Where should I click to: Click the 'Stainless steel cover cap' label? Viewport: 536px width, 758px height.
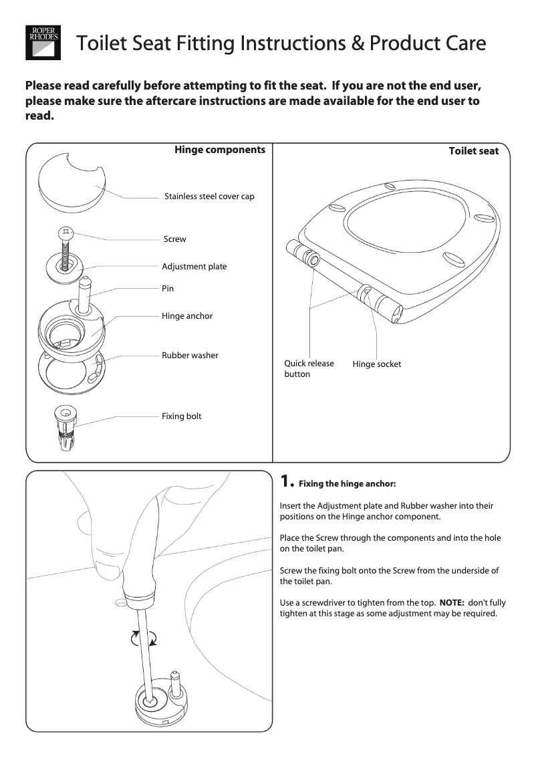point(209,197)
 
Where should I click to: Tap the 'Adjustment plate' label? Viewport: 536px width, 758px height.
point(194,267)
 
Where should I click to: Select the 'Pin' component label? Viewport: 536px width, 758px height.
point(167,289)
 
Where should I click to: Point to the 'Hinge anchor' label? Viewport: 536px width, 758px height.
point(187,316)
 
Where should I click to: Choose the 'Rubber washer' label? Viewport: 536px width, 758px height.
point(190,356)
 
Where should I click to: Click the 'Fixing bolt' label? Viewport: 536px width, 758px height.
point(181,416)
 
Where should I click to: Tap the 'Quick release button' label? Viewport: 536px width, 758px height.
point(309,369)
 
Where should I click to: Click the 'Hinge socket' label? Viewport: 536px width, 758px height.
point(377,364)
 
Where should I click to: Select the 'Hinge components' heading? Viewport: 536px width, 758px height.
point(220,150)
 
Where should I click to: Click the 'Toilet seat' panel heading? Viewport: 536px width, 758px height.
point(473,151)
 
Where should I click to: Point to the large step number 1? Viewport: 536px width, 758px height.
point(285,481)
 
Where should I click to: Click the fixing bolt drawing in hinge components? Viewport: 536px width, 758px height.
point(67,428)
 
